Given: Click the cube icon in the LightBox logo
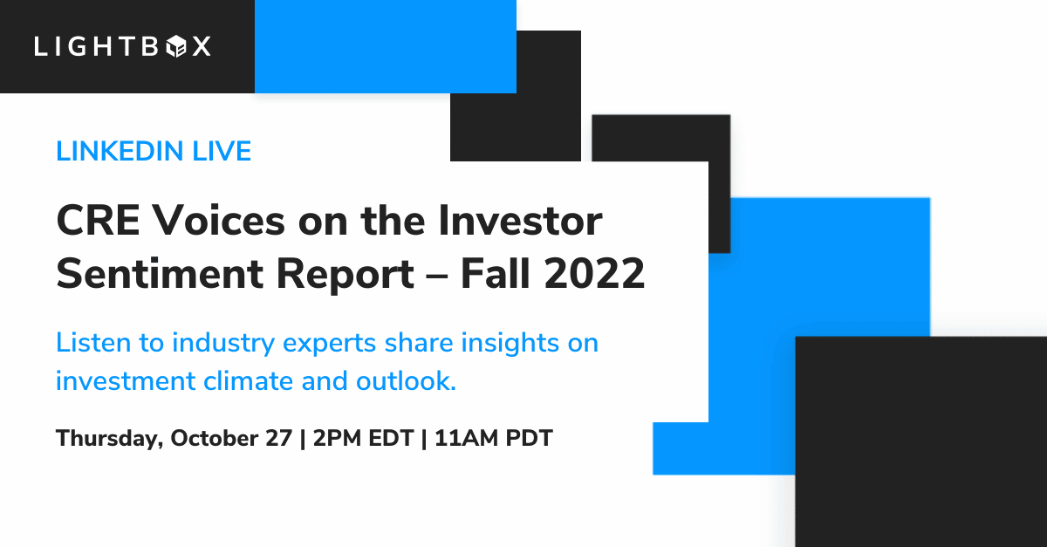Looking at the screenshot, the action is tap(176, 47).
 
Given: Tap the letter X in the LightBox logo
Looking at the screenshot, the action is tap(202, 47).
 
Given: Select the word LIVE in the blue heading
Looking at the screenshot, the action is tap(222, 151).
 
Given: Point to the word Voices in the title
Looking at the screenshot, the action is tap(219, 221).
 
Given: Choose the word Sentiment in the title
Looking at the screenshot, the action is tap(160, 274).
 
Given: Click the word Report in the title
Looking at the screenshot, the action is tap(345, 276).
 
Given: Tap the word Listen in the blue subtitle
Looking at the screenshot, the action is tap(93, 343).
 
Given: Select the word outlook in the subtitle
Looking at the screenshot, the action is tap(406, 381).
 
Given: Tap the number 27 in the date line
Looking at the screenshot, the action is tap(279, 439).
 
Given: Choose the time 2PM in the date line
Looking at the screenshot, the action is tap(337, 439).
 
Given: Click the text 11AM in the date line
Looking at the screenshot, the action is tap(464, 439).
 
